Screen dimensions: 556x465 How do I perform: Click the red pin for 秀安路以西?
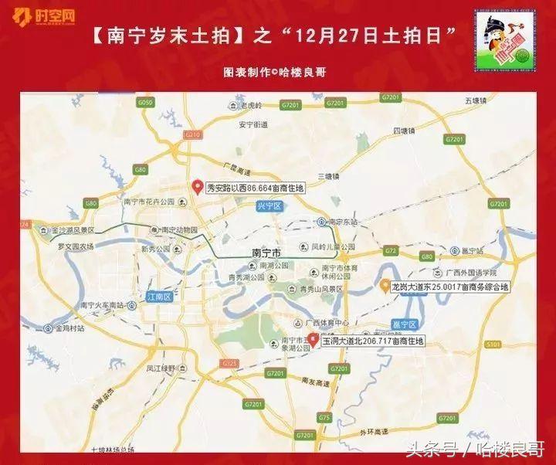pos(197,187)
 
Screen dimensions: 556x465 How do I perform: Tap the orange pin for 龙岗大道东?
pos(385,286)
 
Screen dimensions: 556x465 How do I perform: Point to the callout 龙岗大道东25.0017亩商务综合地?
pos(452,287)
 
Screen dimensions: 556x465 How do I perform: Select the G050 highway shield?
pos(143,102)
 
